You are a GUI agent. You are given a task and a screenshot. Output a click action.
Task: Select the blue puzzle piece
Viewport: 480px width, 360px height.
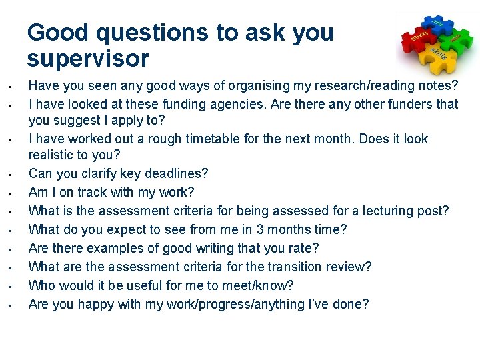pos(438,23)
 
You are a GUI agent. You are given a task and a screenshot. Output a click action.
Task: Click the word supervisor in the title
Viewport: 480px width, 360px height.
pos(88,59)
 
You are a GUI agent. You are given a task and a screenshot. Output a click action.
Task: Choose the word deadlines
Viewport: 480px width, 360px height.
pos(176,173)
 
